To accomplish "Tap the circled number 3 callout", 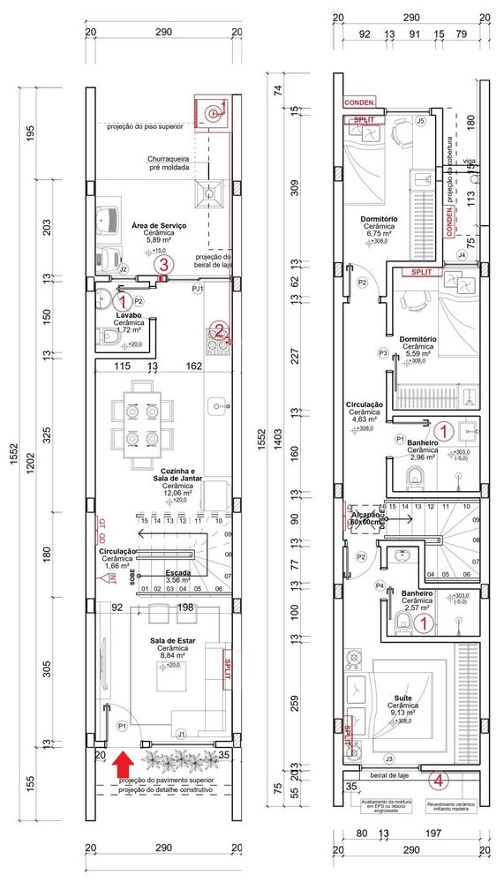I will coord(162,264).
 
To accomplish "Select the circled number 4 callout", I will coord(440,780).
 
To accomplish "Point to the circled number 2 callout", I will coord(218,332).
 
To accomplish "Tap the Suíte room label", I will coord(402,698).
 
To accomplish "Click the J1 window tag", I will coord(181,733).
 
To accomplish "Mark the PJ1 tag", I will coord(197,288).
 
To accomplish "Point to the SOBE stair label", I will coord(132,578).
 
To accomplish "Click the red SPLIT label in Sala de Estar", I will coord(226,669).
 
